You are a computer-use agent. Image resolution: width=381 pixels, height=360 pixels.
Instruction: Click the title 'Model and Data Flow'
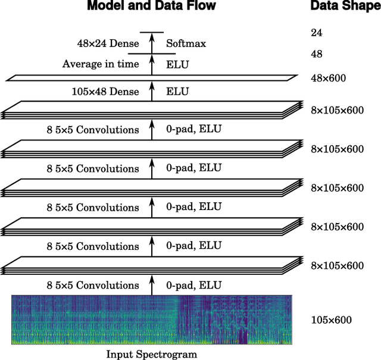[x=151, y=7]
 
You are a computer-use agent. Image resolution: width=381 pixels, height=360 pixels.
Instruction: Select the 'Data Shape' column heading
[x=345, y=7]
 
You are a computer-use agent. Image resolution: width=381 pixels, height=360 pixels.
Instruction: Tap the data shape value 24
[x=316, y=33]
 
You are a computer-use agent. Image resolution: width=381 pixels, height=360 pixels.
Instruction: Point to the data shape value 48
[x=316, y=54]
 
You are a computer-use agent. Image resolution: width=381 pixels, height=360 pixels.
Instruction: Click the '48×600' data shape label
[x=329, y=78]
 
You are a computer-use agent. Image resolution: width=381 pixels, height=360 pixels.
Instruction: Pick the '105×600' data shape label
[x=331, y=320]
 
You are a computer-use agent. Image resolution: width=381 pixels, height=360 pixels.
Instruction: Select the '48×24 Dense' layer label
[x=108, y=43]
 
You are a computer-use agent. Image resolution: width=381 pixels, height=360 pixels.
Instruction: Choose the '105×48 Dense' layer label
[x=105, y=91]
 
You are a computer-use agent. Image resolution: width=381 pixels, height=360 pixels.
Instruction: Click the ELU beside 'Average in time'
[x=177, y=64]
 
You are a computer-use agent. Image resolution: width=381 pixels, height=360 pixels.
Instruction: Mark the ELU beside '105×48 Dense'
[x=177, y=91]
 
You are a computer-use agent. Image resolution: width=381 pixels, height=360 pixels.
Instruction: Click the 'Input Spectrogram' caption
[x=151, y=354]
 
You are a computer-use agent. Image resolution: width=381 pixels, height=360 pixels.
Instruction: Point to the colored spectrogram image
[x=151, y=320]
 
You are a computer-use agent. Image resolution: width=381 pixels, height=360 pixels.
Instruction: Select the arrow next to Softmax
[x=151, y=43]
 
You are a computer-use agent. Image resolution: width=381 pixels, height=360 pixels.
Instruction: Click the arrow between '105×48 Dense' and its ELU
[x=151, y=91]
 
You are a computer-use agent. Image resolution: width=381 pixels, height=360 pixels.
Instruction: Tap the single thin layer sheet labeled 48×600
[x=151, y=77]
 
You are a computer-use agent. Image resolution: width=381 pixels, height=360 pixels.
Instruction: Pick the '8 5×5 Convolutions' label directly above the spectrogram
[x=92, y=285]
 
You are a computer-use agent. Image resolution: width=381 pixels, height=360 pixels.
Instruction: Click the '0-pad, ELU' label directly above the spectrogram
[x=193, y=285]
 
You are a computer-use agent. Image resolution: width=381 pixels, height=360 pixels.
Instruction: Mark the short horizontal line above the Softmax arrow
[x=151, y=32]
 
